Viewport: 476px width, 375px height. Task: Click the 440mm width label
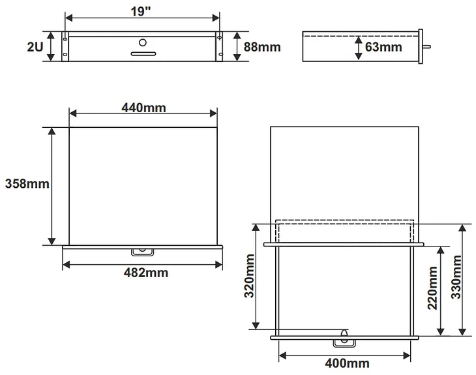tap(143, 106)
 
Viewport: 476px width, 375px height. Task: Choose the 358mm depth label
tap(27, 184)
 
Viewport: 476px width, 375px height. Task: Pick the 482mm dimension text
tap(145, 273)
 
